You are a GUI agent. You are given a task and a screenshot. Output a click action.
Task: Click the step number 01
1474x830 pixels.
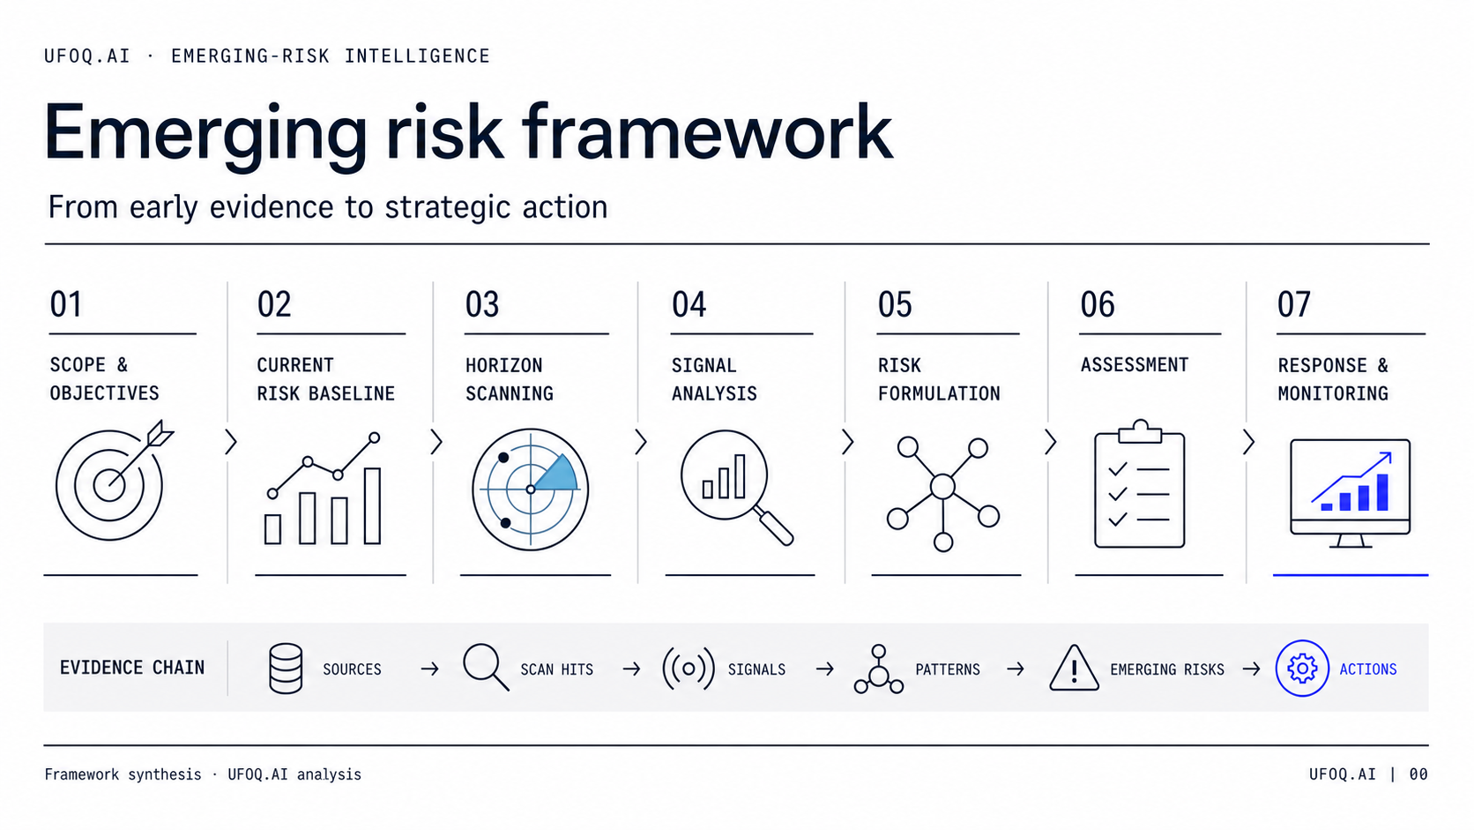click(x=66, y=304)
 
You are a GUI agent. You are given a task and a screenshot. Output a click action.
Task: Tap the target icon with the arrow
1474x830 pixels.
click(x=113, y=481)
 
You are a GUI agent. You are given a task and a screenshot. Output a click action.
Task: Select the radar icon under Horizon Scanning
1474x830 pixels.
click(x=531, y=489)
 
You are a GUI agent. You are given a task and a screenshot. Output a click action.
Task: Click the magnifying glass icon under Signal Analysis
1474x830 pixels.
click(x=736, y=487)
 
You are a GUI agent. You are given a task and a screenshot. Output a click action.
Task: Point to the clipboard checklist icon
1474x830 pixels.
click(x=1140, y=484)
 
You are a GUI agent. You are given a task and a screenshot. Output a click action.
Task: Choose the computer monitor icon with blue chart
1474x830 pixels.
click(x=1351, y=493)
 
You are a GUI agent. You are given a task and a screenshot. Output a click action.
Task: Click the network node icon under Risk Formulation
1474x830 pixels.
click(x=943, y=493)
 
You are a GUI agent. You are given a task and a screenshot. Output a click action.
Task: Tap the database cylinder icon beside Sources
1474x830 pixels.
click(x=286, y=668)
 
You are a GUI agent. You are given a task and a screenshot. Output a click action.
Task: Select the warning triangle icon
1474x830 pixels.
click(x=1074, y=668)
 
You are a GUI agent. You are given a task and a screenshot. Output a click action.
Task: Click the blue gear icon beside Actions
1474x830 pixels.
click(x=1301, y=668)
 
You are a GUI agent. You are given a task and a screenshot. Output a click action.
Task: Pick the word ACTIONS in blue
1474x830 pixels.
click(x=1368, y=669)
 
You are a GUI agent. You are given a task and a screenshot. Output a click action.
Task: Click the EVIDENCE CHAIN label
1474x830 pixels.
click(x=132, y=668)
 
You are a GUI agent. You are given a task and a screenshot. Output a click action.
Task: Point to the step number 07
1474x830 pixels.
click(x=1293, y=304)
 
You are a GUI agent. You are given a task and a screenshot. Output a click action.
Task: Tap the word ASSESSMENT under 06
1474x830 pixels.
click(x=1135, y=364)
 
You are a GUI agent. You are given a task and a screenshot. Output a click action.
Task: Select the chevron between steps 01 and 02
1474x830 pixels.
click(x=230, y=442)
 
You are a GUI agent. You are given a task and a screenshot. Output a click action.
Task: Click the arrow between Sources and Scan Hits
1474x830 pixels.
click(x=429, y=669)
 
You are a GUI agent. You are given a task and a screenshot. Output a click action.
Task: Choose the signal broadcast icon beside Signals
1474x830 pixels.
click(x=689, y=669)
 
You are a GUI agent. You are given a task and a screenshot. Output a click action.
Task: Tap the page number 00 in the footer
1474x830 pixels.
click(x=1418, y=774)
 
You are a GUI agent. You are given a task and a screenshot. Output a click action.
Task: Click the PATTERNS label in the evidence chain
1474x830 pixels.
click(x=948, y=669)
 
